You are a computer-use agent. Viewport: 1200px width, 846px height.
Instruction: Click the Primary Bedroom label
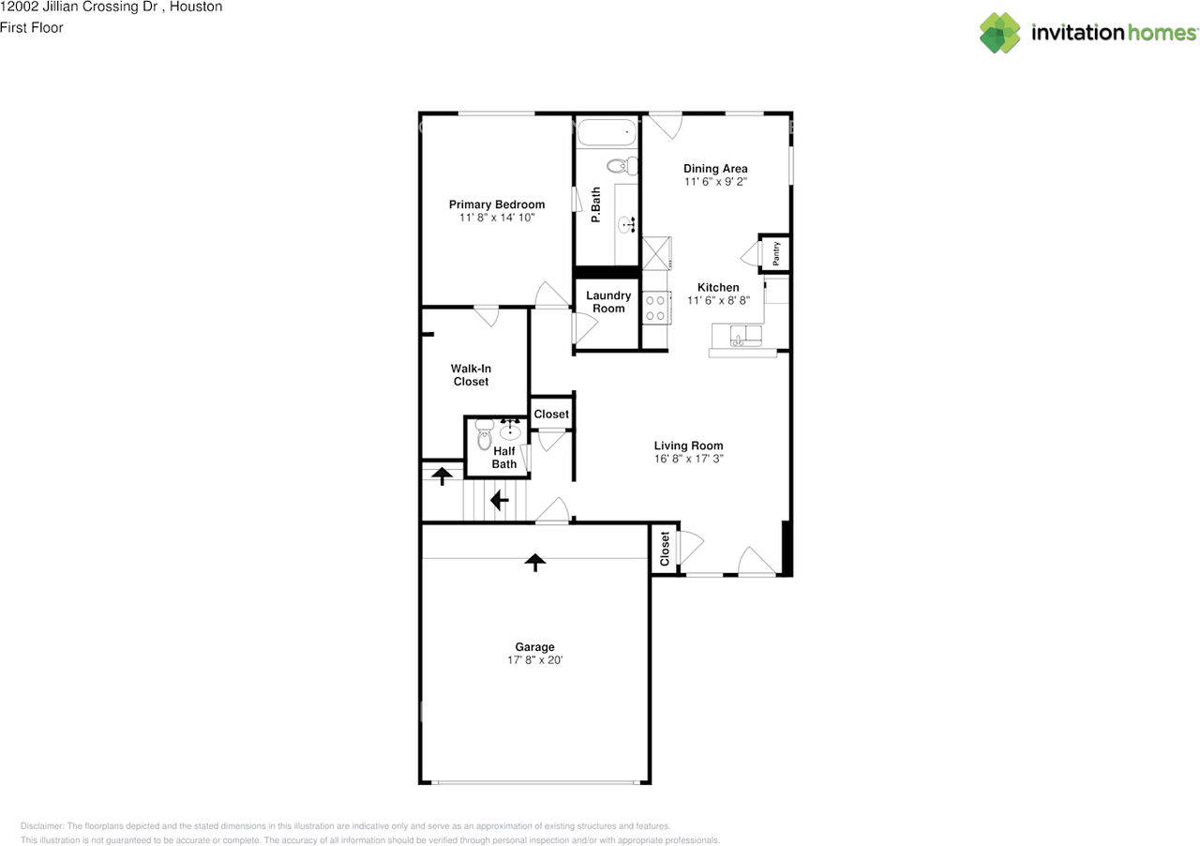(496, 204)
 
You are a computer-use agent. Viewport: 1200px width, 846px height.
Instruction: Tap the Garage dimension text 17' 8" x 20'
(534, 660)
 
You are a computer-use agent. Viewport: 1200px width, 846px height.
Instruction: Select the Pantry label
(776, 252)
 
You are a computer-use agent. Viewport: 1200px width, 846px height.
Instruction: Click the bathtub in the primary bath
(607, 133)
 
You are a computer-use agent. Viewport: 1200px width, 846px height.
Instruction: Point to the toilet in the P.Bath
(622, 167)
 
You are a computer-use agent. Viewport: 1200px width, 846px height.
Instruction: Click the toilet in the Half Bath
(484, 436)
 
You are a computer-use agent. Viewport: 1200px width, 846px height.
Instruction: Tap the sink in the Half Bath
(511, 431)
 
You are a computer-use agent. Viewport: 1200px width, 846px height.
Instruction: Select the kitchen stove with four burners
(654, 308)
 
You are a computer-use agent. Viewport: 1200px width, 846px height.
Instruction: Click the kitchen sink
(745, 339)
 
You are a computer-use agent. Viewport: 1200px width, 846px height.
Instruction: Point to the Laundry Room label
(608, 302)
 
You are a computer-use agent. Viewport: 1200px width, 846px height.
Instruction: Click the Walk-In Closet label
(471, 375)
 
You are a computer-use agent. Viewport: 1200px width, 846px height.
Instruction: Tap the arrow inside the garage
(534, 562)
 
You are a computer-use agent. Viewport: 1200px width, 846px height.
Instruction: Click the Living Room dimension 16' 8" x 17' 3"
(688, 460)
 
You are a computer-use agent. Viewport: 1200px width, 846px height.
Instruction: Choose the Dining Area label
(715, 169)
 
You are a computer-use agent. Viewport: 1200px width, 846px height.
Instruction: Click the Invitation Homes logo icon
(999, 33)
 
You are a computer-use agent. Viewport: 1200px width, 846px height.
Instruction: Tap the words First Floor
(32, 28)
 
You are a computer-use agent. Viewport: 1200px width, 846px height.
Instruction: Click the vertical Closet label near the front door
(665, 550)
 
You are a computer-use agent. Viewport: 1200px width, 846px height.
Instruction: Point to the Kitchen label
(718, 287)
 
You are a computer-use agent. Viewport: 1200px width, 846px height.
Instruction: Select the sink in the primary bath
(625, 224)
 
